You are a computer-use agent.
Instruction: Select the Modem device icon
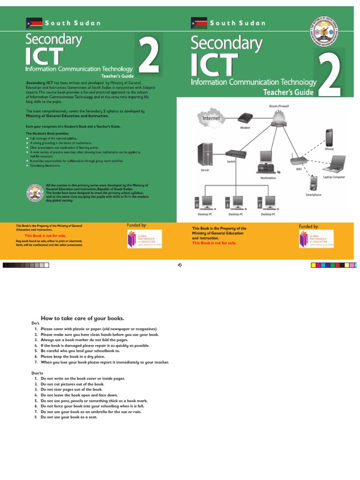245,118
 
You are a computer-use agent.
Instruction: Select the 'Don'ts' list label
37,373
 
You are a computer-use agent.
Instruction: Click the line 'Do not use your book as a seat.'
69,417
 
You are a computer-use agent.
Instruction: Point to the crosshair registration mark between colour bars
180,265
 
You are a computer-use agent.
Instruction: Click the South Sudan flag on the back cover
34,23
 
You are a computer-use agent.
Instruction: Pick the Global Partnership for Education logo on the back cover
144,239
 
